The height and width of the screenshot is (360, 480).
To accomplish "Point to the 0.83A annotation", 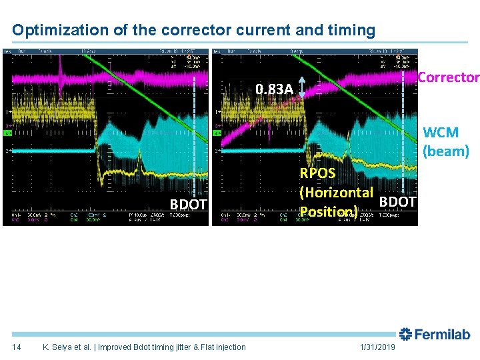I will click(275, 89).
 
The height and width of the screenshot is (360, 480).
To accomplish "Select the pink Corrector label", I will click(448, 77).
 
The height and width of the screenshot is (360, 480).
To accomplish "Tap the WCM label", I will click(441, 133).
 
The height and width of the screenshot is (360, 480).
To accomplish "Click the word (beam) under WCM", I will click(446, 151).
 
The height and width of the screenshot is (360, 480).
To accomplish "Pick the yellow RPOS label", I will click(318, 174).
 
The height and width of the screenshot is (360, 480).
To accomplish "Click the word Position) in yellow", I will click(329, 211).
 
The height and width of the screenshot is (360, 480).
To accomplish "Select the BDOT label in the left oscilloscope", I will click(189, 205).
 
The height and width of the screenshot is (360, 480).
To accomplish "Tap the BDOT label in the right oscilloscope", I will click(398, 201).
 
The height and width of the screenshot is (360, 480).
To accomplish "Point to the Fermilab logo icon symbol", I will click(406, 335).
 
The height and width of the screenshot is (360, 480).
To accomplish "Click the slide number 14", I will click(17, 347).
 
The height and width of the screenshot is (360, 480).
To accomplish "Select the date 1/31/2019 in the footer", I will click(378, 347).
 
